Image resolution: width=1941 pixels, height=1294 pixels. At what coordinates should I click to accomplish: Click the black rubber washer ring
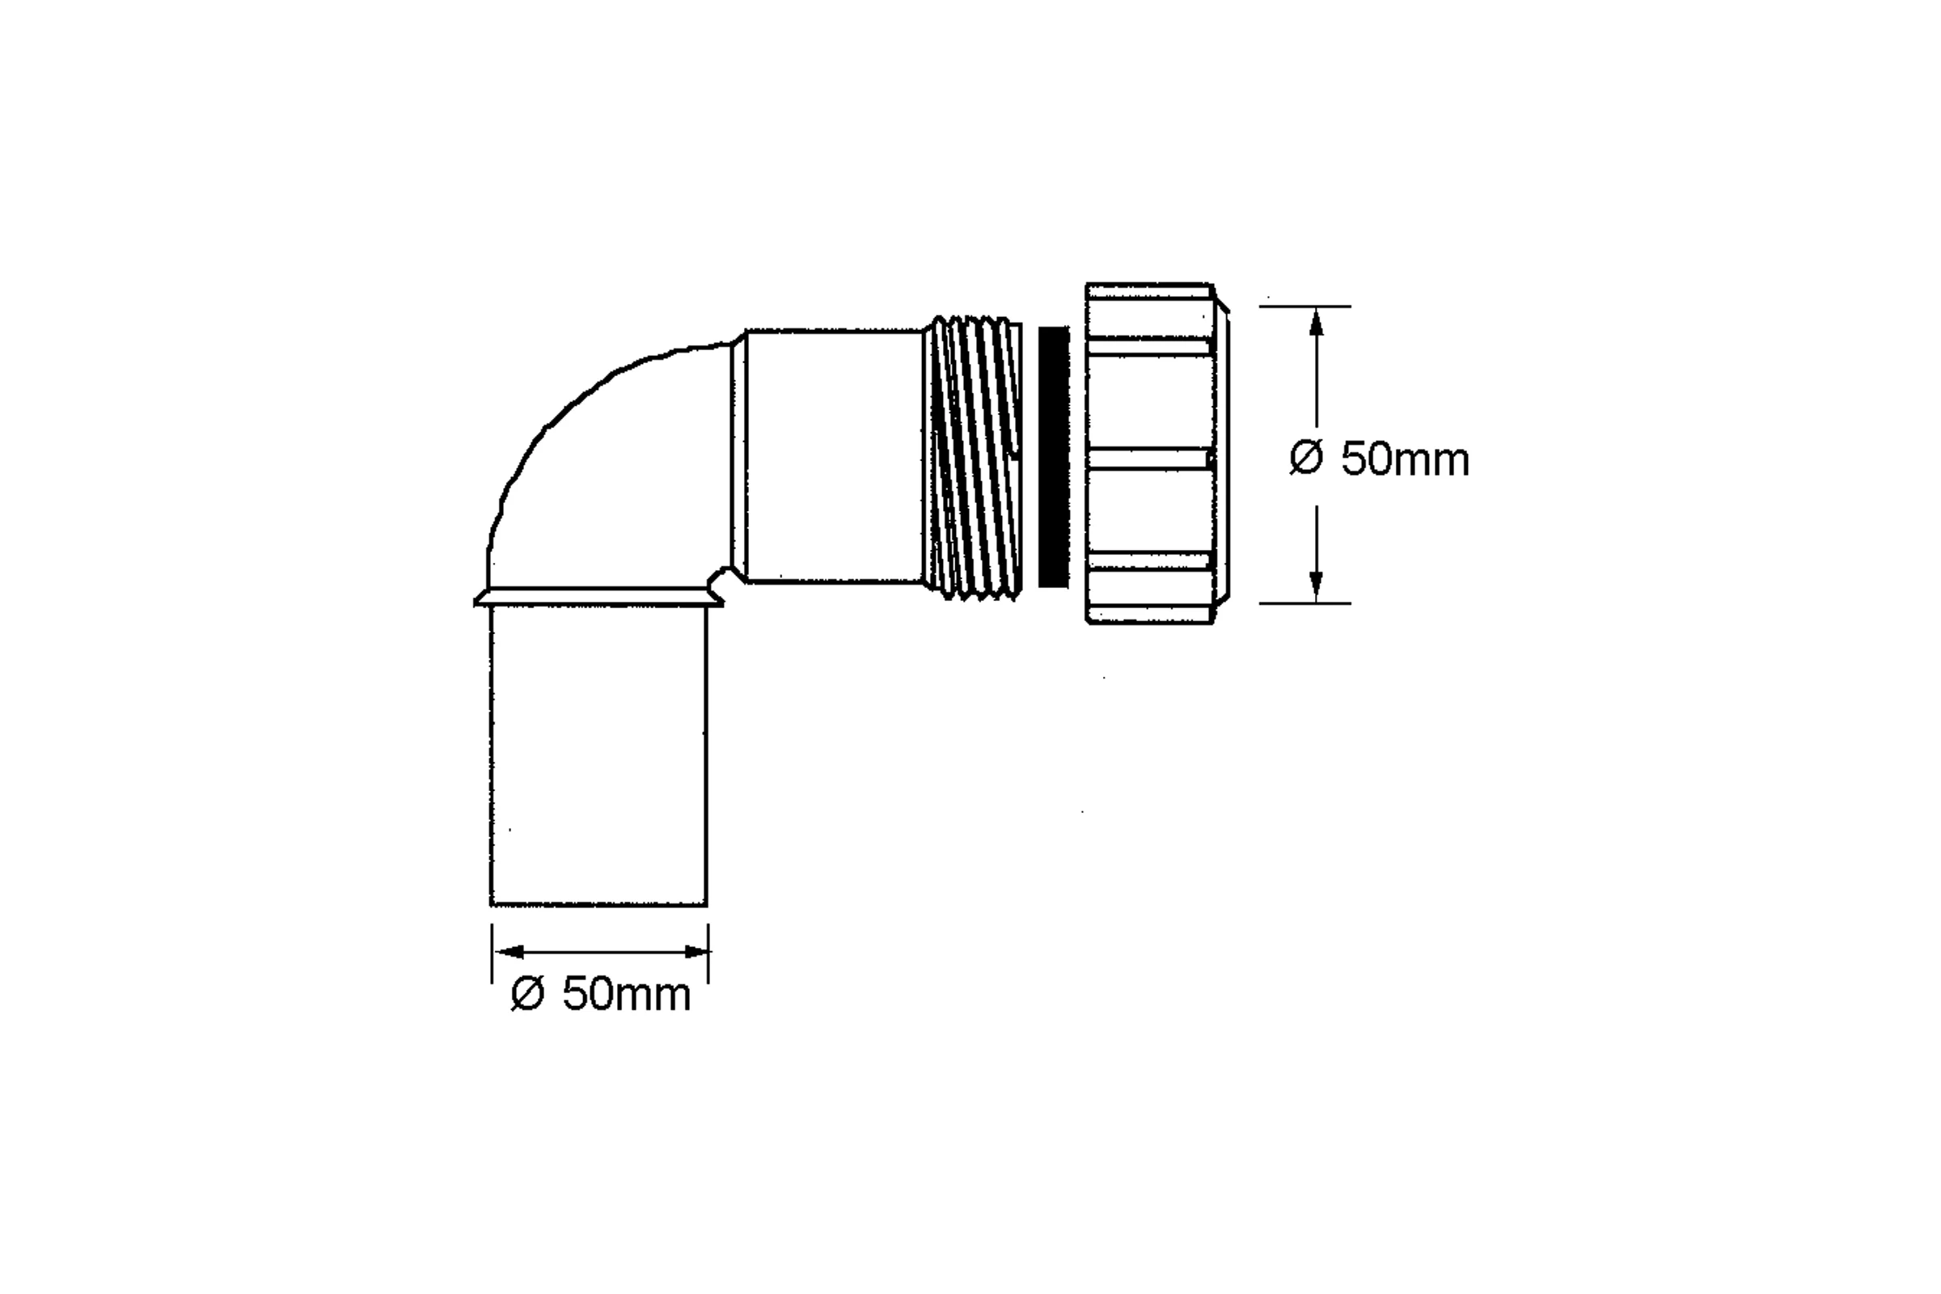pos(1054,457)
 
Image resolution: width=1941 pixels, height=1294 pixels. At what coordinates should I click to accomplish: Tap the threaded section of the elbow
pos(973,457)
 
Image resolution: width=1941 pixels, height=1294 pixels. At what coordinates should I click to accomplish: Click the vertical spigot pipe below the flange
pos(599,756)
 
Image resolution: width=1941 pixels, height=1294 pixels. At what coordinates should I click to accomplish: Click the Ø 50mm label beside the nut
pos(1380,459)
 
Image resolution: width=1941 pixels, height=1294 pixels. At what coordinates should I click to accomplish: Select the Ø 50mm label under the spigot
pos(601,994)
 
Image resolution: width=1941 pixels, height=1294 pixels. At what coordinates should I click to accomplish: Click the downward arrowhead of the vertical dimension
pos(1317,588)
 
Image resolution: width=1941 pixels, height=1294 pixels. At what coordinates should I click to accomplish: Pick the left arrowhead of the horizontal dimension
pos(510,953)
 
